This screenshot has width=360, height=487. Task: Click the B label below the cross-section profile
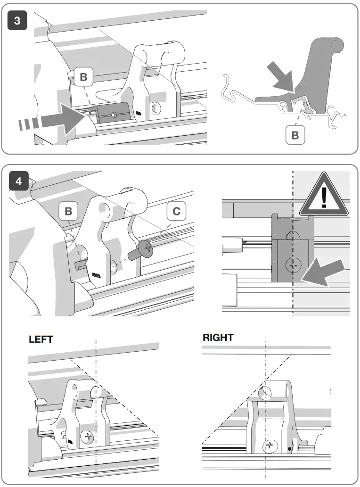click(x=295, y=135)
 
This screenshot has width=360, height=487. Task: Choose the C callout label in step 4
click(x=176, y=211)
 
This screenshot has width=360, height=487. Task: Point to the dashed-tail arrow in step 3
click(x=52, y=121)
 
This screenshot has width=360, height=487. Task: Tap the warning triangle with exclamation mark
click(x=324, y=195)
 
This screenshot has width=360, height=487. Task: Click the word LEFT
click(x=41, y=339)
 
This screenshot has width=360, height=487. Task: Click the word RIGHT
click(x=218, y=338)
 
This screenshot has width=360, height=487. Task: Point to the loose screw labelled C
click(x=143, y=247)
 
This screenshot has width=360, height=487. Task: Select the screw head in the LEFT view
click(x=88, y=437)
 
